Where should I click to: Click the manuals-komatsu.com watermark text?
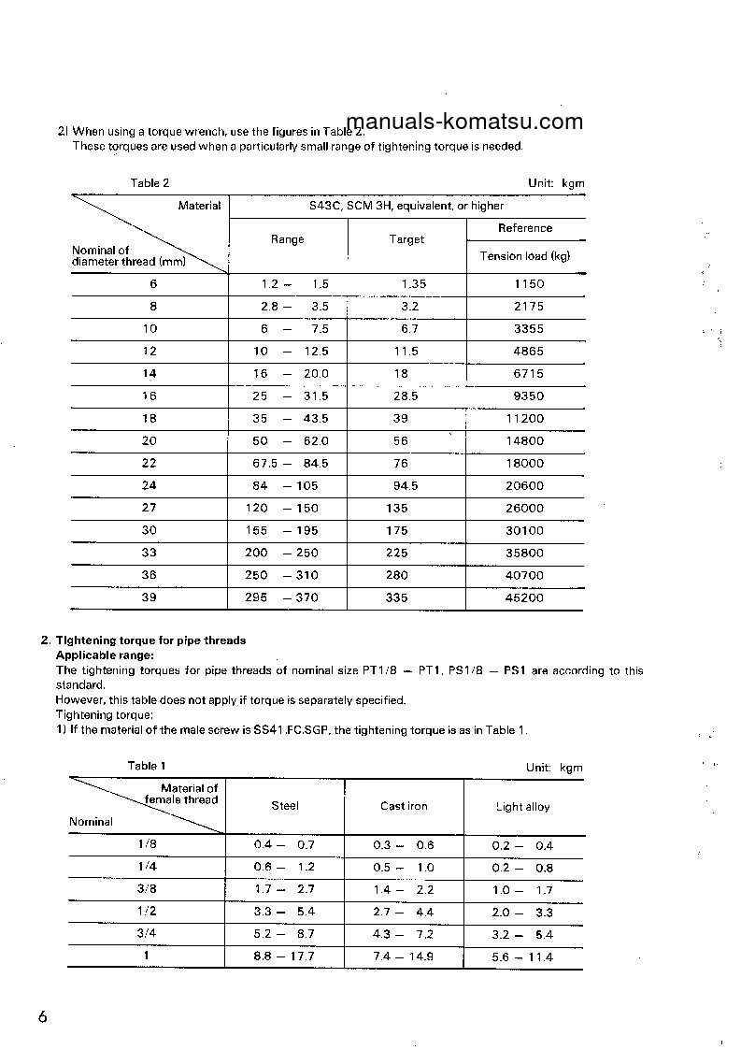coord(464,122)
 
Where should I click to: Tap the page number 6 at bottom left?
coord(43,1017)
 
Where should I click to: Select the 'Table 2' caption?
coord(150,183)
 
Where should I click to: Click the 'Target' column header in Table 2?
coord(406,239)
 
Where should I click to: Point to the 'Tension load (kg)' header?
coord(525,256)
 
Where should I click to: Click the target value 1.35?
coord(413,284)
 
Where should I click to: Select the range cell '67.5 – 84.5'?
coord(291,464)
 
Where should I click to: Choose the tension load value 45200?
coord(524,598)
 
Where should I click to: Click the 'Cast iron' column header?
coord(404,807)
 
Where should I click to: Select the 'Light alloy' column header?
coord(522,807)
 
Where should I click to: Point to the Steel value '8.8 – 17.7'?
coord(284,957)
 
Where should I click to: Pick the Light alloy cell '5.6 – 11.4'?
coord(522,957)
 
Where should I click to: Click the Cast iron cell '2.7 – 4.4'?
coord(404,913)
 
